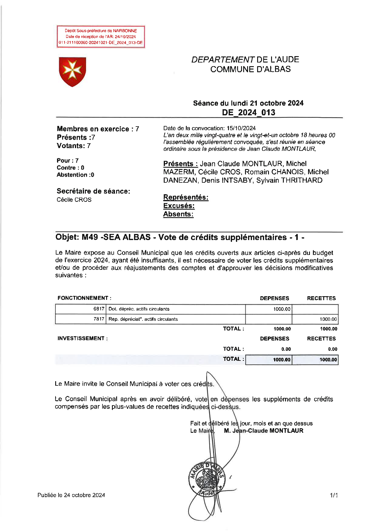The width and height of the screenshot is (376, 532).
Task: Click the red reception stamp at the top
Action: pyautogui.click(x=101, y=37)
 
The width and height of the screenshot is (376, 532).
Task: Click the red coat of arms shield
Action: pyautogui.click(x=72, y=71)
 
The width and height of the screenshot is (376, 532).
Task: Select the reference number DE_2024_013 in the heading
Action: pyautogui.click(x=248, y=113)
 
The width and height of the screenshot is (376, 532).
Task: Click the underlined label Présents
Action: pyautogui.click(x=180, y=164)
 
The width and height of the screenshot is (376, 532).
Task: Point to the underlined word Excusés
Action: pyautogui.click(x=179, y=206)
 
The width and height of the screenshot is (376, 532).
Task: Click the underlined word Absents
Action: pyautogui.click(x=178, y=214)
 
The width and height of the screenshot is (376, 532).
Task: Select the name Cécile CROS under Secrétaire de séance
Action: pyautogui.click(x=74, y=200)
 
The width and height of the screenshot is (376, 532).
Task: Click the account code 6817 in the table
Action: pyautogui.click(x=99, y=309)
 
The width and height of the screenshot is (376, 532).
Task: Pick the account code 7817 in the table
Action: pyautogui.click(x=99, y=319)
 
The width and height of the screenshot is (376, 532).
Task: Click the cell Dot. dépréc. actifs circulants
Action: pyautogui.click(x=139, y=309)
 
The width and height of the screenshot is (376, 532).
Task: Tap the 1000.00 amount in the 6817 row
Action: pyautogui.click(x=282, y=309)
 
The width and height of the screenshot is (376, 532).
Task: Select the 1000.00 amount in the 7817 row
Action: pyautogui.click(x=328, y=319)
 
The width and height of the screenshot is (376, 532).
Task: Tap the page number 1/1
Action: pyautogui.click(x=334, y=495)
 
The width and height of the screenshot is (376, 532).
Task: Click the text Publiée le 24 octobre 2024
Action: pyautogui.click(x=71, y=495)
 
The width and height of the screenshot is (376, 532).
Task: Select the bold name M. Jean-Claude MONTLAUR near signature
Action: pyautogui.click(x=264, y=431)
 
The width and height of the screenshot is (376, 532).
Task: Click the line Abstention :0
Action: pyautogui.click(x=75, y=175)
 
